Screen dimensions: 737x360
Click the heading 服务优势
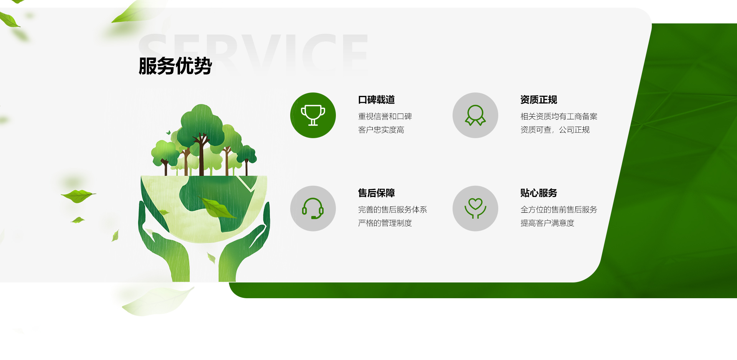(175, 66)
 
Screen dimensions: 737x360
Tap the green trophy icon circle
(313, 115)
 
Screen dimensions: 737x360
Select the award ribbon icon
(475, 115)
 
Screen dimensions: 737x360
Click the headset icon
(313, 208)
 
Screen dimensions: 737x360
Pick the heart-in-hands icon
(475, 208)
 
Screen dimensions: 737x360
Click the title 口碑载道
(377, 100)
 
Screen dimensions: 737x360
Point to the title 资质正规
(539, 100)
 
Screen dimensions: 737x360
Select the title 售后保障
(377, 193)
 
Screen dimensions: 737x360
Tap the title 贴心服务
(539, 193)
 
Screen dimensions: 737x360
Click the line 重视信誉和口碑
(385, 116)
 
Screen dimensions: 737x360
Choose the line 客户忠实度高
(381, 130)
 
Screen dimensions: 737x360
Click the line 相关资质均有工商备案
(559, 116)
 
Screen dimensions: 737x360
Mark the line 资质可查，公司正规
(555, 130)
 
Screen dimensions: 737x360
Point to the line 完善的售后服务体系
(393, 210)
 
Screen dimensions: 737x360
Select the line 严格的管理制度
(385, 223)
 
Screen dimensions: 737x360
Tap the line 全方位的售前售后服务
(559, 210)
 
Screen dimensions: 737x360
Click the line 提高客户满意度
(547, 223)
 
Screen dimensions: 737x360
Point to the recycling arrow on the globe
(248, 183)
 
